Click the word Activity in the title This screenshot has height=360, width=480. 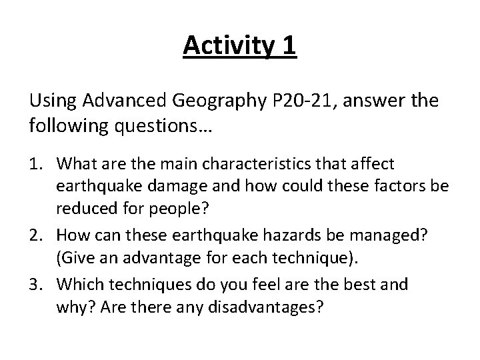pos(223,47)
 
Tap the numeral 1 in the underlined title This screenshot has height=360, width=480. pos(288,47)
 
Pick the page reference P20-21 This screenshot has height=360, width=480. pos(291,101)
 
